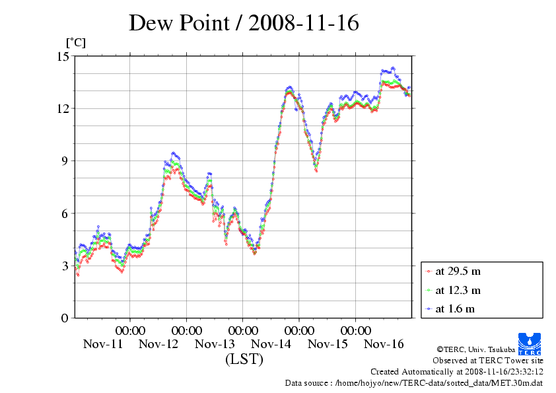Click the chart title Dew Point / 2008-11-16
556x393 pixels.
point(244,23)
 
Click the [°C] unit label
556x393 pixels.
point(75,43)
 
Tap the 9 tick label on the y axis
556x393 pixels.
point(65,161)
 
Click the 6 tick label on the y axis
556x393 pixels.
point(65,213)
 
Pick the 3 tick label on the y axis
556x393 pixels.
point(65,266)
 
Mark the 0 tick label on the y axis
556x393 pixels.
point(65,318)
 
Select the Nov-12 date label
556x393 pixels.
point(158,344)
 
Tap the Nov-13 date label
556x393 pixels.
point(215,344)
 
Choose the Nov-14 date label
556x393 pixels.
point(271,344)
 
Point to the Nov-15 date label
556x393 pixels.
point(328,344)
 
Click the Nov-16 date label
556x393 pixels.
point(384,344)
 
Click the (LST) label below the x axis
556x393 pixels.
point(244,360)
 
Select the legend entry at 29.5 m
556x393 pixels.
point(458,271)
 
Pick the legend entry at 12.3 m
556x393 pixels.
point(458,290)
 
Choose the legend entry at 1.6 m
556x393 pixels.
point(455,308)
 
